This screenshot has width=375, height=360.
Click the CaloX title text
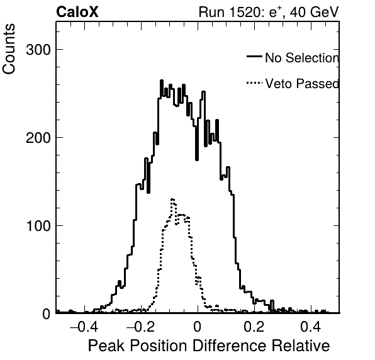coord(77,12)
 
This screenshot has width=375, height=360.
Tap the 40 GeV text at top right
coord(315,12)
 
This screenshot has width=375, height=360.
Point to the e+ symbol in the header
coord(275,12)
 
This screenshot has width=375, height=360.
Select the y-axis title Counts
coord(9,49)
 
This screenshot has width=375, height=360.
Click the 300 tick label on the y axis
coord(38,50)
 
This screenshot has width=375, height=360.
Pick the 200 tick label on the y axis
coord(38,138)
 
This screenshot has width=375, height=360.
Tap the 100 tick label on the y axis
coord(38,226)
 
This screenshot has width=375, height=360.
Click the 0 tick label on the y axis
coord(47,314)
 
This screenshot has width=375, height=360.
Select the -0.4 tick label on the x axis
coord(84,327)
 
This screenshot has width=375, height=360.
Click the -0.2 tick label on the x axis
coord(141,327)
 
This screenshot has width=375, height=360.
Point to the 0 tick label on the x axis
coord(198,327)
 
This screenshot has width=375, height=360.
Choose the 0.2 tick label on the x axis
coord(254,327)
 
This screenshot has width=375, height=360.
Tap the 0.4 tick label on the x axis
coord(311,327)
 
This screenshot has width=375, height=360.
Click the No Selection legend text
coord(302,58)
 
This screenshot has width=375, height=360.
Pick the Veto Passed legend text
coord(302,84)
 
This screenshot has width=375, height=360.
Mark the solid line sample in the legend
coord(254,57)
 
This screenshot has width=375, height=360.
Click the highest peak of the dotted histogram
coord(172,199)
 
